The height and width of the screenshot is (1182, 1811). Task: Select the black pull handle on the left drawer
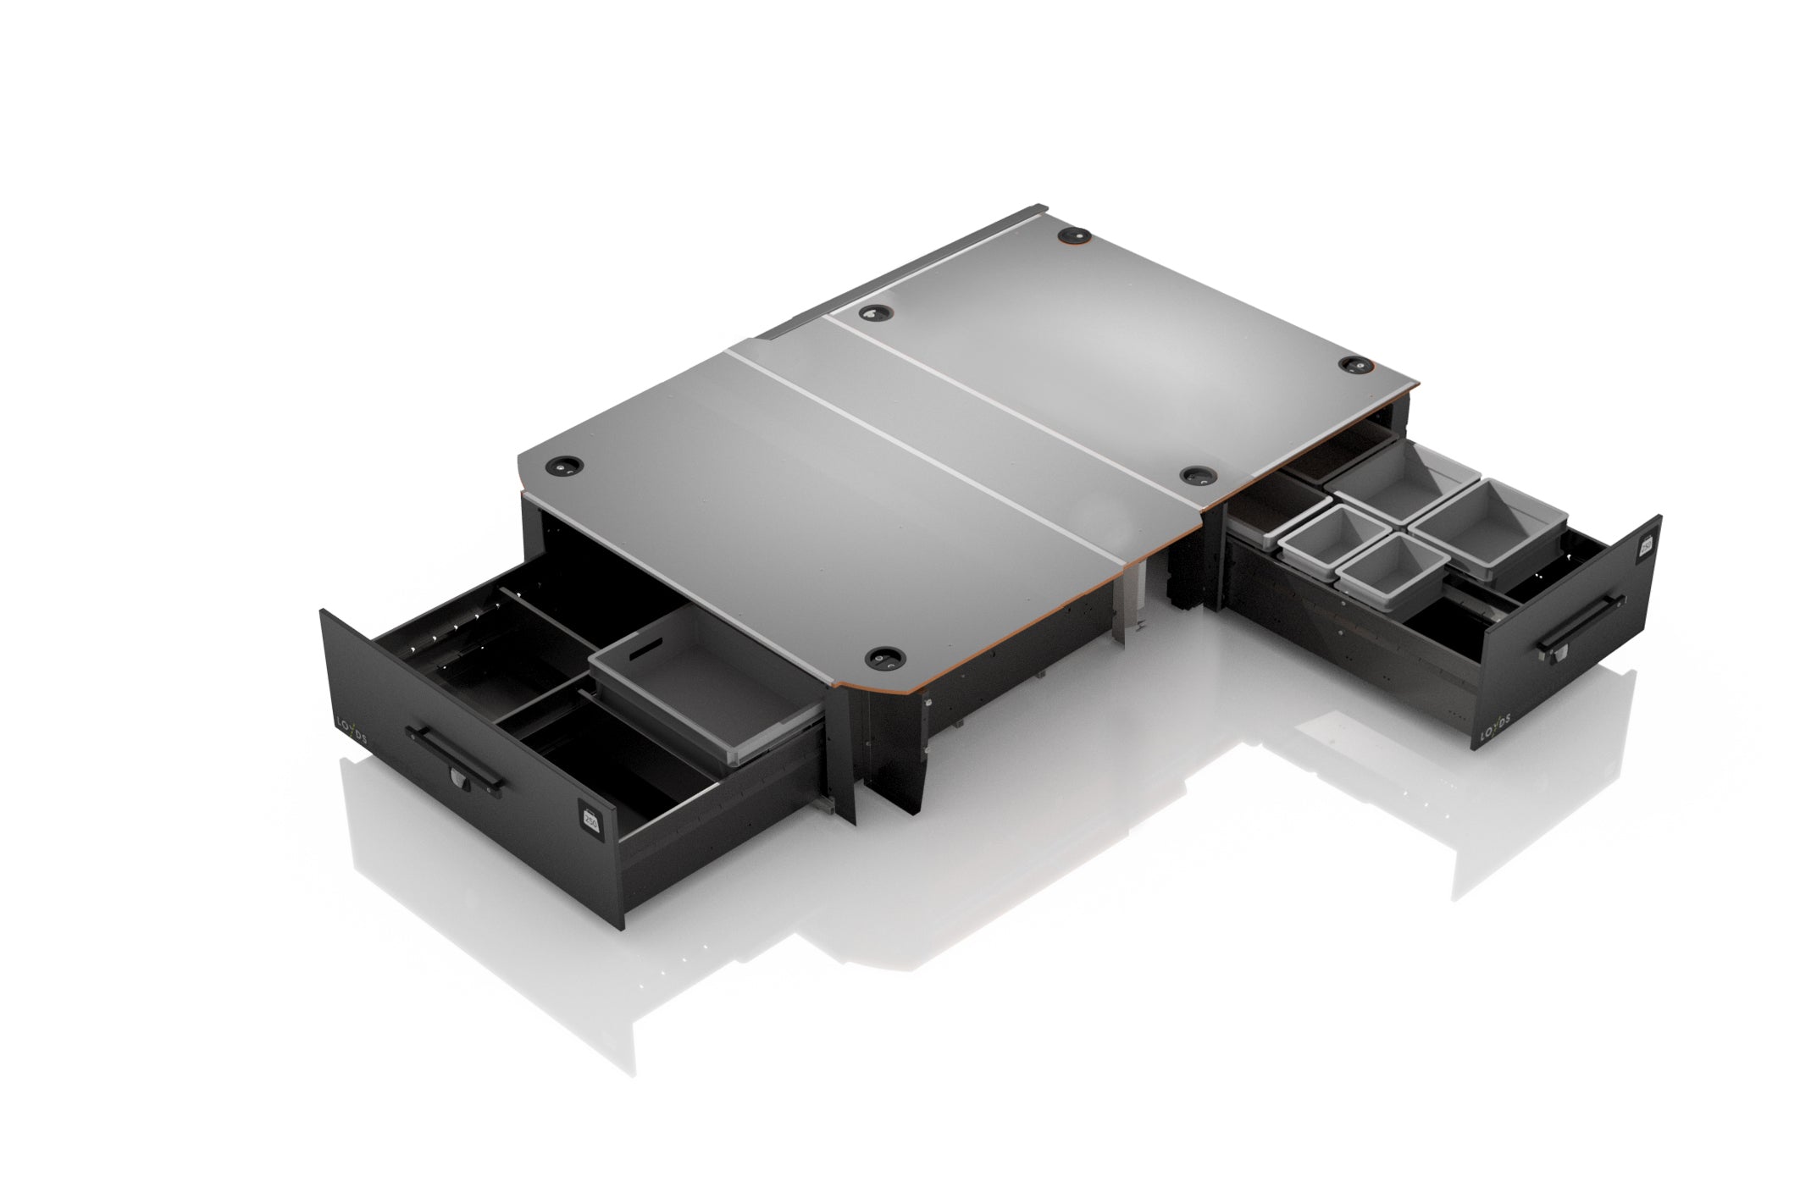(x=454, y=753)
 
